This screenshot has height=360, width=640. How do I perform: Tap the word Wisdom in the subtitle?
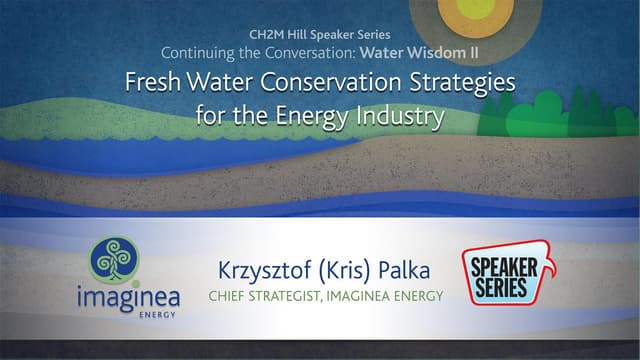pos(425,51)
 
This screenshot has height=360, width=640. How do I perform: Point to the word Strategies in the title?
pos(462,83)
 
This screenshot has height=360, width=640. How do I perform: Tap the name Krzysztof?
pos(261,270)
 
